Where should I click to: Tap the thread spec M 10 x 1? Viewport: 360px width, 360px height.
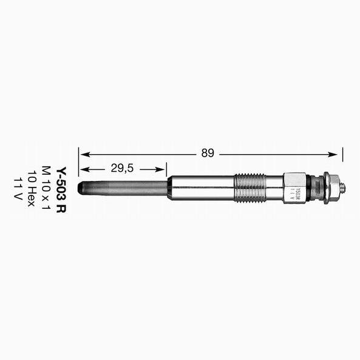pos(46,188)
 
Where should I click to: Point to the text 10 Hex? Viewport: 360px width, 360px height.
pos(32,188)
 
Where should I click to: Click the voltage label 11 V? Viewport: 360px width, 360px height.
pos(18,189)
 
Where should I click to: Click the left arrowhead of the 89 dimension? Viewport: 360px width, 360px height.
pos(83,154)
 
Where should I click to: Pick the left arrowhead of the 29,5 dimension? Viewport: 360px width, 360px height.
pos(83,168)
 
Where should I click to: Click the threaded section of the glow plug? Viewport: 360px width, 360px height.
pos(250,188)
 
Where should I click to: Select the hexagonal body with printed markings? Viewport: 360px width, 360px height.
pos(294,188)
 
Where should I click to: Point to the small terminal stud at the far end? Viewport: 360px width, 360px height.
pos(342,188)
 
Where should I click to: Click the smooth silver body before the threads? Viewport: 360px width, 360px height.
pos(200,188)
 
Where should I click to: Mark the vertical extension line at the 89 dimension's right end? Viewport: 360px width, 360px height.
pos(342,154)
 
